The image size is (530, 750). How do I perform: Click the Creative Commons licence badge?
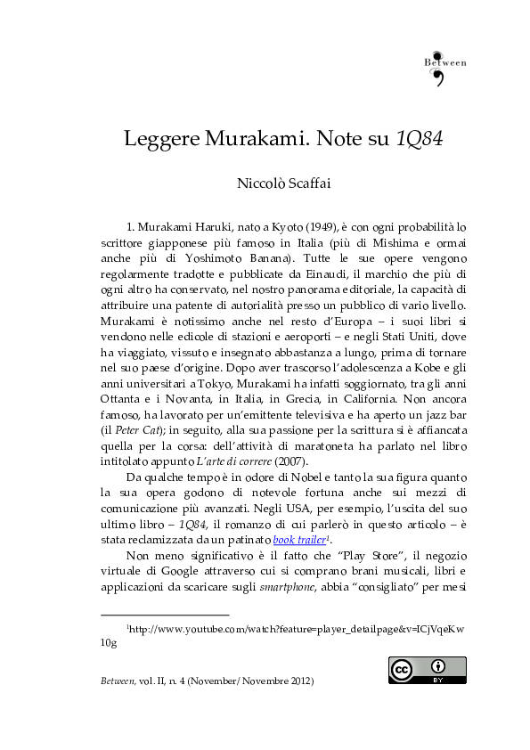point(427,670)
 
